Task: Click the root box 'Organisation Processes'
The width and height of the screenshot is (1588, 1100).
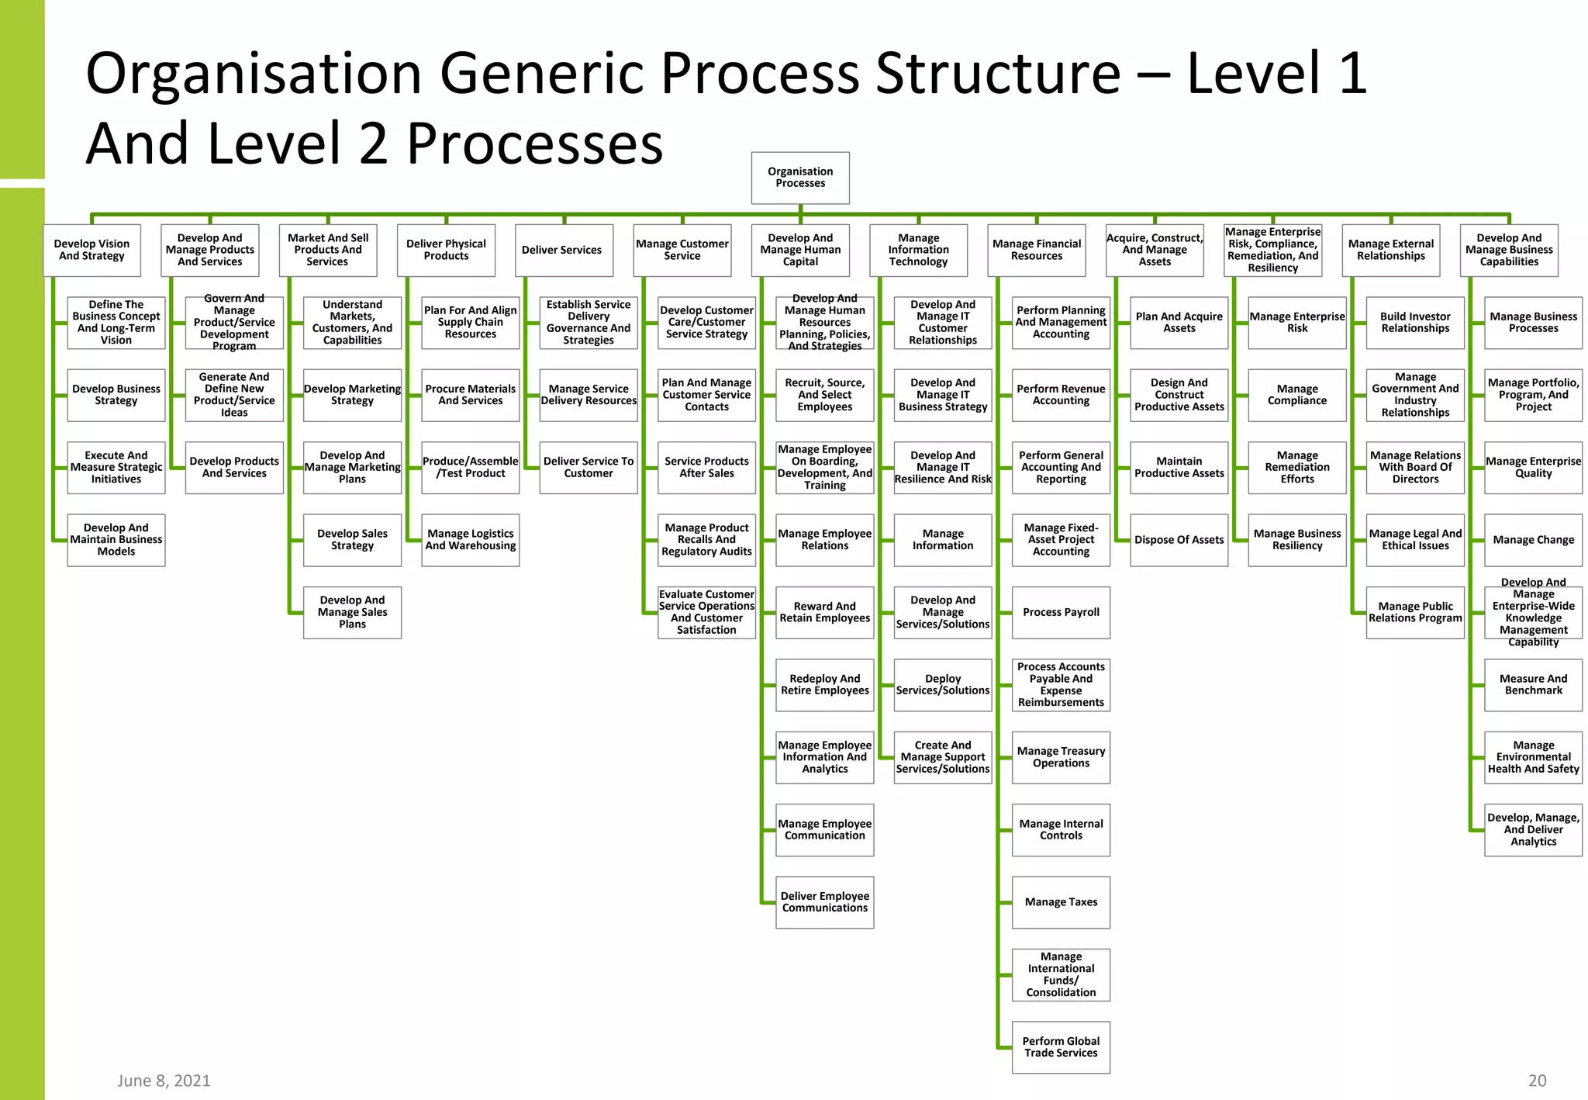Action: (800, 178)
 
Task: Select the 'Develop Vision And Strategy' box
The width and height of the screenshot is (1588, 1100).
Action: (91, 250)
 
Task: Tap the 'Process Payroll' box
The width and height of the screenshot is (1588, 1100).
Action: (1061, 612)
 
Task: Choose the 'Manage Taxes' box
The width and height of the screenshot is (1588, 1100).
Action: (1061, 902)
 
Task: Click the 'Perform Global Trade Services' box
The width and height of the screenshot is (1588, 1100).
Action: (1061, 1047)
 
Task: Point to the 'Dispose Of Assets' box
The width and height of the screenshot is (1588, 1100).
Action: (1179, 540)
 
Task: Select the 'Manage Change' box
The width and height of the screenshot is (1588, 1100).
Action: (1533, 540)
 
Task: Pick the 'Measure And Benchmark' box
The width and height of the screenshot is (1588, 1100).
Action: (1533, 684)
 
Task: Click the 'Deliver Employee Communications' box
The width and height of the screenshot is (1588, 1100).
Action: (824, 902)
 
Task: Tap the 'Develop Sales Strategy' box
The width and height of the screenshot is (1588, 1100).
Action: (352, 540)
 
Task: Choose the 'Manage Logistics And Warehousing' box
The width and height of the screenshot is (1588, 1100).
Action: (470, 540)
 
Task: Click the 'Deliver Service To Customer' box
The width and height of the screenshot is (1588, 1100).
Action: (588, 467)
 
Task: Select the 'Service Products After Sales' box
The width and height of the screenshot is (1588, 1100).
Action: (706, 467)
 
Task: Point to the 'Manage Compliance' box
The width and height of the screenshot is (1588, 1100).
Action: (1296, 395)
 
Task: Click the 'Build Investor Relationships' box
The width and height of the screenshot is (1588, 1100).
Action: (1414, 323)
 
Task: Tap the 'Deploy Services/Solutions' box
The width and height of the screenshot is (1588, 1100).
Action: (942, 684)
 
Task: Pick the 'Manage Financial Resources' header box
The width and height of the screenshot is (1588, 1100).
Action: (1036, 250)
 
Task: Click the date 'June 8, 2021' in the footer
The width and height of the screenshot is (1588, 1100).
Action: (164, 1081)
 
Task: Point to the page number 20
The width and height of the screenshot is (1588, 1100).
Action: (1537, 1081)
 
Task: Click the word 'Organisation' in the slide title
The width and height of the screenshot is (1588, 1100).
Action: (253, 74)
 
